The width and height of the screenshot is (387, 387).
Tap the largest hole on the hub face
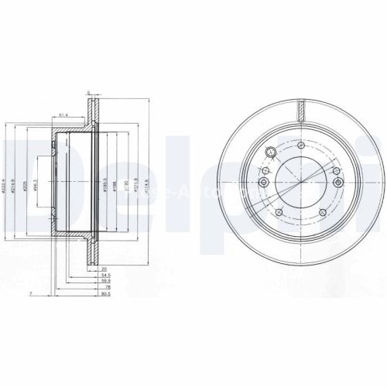tap(270, 152)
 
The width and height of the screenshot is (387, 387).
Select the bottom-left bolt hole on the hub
tap(278, 210)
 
